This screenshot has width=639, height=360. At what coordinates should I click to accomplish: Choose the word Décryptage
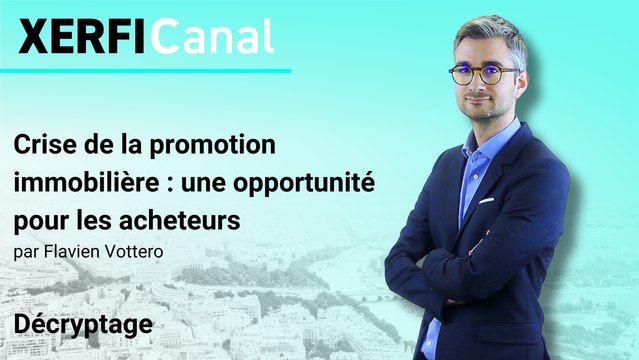click(83, 324)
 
